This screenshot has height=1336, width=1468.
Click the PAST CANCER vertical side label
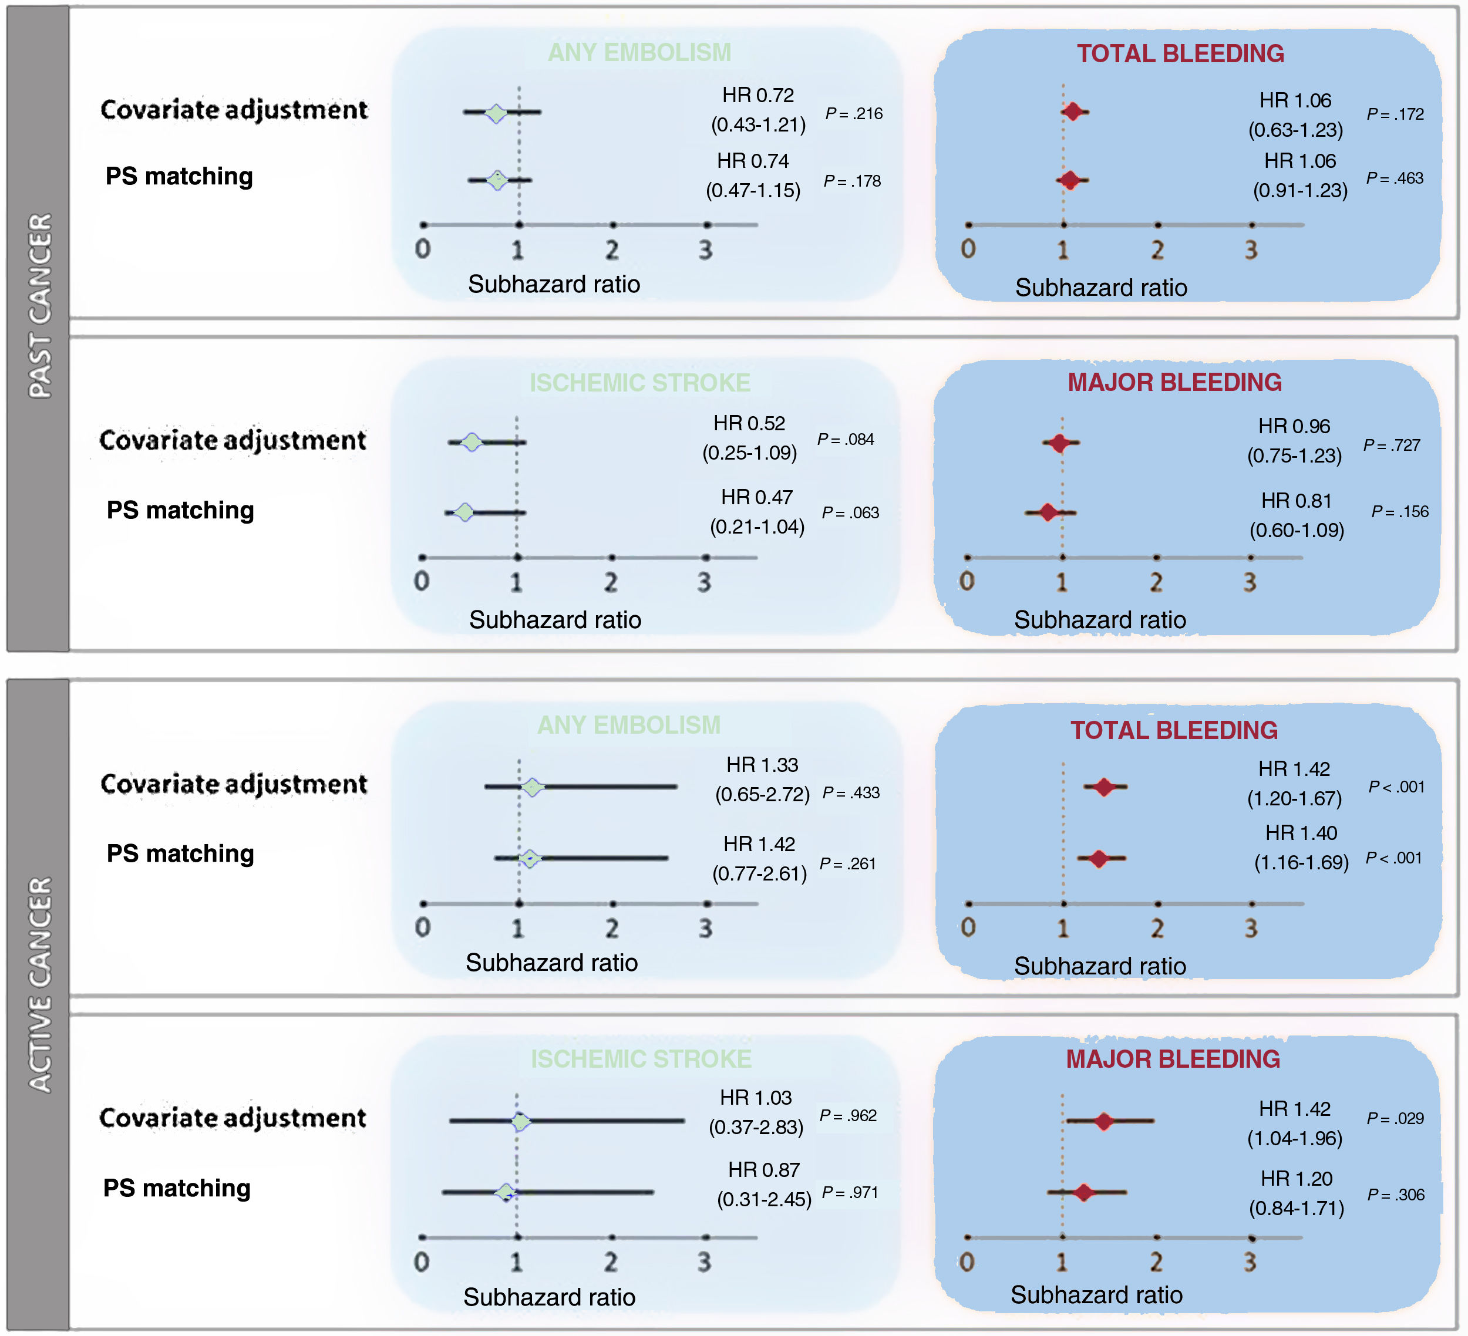pyautogui.click(x=40, y=306)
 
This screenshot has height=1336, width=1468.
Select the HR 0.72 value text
pyautogui.click(x=757, y=95)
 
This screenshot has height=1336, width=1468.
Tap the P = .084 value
pyautogui.click(x=846, y=439)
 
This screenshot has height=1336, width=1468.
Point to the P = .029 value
pyautogui.click(x=1395, y=1118)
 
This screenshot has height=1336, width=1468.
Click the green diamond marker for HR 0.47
pyautogui.click(x=464, y=512)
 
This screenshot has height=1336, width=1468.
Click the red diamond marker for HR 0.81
pyautogui.click(x=1048, y=512)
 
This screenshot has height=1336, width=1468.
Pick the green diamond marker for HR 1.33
pyautogui.click(x=532, y=787)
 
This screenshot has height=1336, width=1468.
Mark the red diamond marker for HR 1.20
pyautogui.click(x=1084, y=1193)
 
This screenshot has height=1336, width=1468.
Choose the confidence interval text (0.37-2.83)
pyautogui.click(x=756, y=1127)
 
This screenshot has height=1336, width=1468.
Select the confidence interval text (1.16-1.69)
pyautogui.click(x=1301, y=863)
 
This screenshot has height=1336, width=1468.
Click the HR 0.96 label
pyautogui.click(x=1294, y=426)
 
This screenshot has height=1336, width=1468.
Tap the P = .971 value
pyautogui.click(x=850, y=1193)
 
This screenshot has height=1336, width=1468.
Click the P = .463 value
pyautogui.click(x=1395, y=178)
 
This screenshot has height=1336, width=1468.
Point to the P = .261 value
pyautogui.click(x=847, y=863)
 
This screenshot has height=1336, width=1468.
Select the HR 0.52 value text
pyautogui.click(x=749, y=423)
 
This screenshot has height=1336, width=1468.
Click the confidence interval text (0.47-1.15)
pyautogui.click(x=753, y=191)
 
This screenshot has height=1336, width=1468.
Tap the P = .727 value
pyautogui.click(x=1392, y=445)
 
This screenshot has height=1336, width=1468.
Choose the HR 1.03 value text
pyautogui.click(x=755, y=1097)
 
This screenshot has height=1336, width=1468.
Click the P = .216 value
pyautogui.click(x=853, y=113)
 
